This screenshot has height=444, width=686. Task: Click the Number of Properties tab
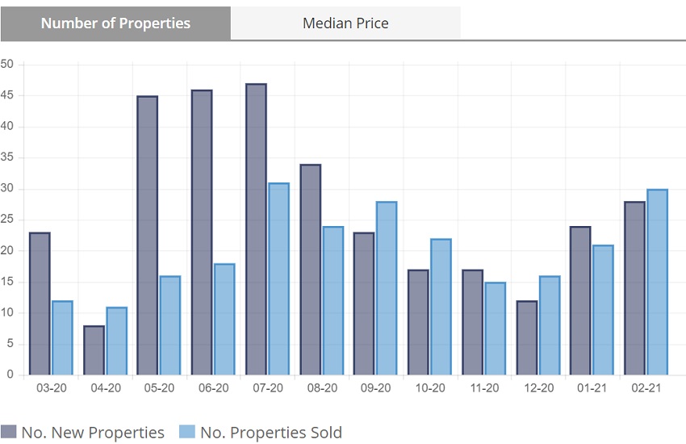pyautogui.click(x=115, y=23)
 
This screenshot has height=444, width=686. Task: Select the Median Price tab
pyautogui.click(x=345, y=23)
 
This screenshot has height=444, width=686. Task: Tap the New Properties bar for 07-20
pyautogui.click(x=256, y=229)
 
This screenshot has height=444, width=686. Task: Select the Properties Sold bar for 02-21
pyautogui.click(x=657, y=282)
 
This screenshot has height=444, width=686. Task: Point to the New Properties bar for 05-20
pyautogui.click(x=147, y=235)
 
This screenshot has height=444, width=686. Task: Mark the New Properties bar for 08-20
pyautogui.click(x=310, y=270)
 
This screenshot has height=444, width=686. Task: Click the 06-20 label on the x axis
pyautogui.click(x=214, y=388)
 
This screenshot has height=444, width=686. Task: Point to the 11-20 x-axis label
pyautogui.click(x=484, y=388)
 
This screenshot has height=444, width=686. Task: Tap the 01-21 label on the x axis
pyautogui.click(x=592, y=388)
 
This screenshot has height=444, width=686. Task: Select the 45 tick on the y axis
pyautogui.click(x=8, y=96)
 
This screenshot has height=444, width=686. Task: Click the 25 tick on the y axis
pyautogui.click(x=8, y=220)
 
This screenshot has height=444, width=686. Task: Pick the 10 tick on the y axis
pyautogui.click(x=8, y=313)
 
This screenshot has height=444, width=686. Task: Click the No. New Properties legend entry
pyautogui.click(x=83, y=433)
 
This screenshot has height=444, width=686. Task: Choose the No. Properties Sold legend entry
pyautogui.click(x=260, y=433)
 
